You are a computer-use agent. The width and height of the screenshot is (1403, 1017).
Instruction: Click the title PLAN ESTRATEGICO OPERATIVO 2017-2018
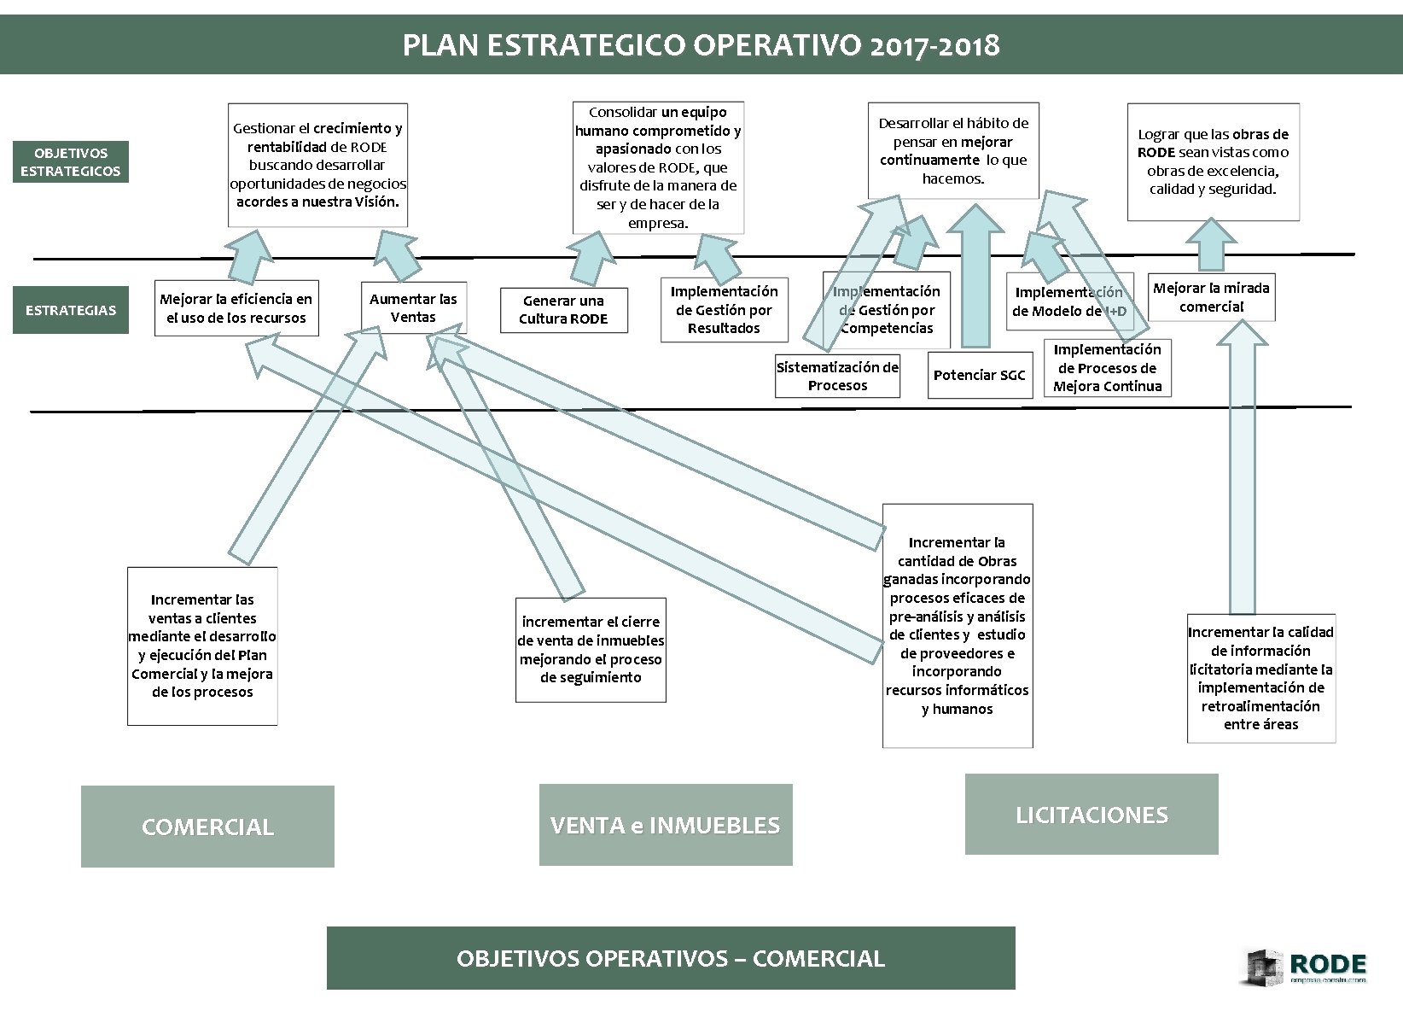tap(701, 44)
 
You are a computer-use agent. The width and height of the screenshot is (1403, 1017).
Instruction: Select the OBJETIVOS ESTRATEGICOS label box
tap(71, 162)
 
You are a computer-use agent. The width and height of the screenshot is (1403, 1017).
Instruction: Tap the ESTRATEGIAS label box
tap(71, 310)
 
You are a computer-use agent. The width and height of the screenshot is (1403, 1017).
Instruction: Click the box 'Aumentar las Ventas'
tap(413, 307)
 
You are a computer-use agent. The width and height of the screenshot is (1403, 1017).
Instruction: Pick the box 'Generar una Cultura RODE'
tap(563, 310)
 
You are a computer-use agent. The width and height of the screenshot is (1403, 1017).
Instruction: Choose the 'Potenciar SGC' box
tap(979, 376)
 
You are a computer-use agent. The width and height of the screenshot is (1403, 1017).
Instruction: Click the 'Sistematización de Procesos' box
tap(837, 377)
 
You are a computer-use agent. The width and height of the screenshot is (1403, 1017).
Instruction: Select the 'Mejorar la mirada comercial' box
tap(1211, 297)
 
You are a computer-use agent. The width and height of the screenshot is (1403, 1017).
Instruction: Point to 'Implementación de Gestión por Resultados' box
tap(724, 310)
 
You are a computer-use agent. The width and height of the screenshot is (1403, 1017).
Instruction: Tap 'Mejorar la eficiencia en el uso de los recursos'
tap(236, 308)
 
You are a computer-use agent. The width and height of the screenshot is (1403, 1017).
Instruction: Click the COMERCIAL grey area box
tap(207, 827)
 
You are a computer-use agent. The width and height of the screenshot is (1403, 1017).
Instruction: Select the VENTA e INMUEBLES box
tap(666, 825)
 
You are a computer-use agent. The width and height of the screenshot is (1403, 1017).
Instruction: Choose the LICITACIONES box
tap(1092, 815)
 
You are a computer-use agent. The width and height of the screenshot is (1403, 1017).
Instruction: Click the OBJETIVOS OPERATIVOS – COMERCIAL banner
tap(671, 958)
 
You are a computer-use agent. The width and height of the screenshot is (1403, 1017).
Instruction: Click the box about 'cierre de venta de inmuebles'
tap(591, 650)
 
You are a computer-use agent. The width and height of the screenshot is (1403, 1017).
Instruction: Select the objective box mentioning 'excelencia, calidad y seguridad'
tap(1213, 162)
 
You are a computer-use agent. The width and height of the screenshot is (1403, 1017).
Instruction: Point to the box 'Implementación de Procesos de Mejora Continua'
tap(1107, 368)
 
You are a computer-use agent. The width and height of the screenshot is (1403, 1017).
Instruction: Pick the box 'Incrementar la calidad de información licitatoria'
tap(1260, 678)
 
